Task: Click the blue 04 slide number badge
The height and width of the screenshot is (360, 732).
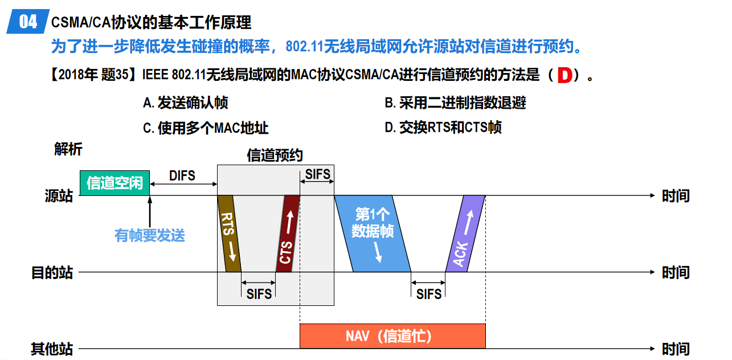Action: coord(27,22)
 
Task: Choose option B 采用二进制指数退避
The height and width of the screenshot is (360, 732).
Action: coord(455,103)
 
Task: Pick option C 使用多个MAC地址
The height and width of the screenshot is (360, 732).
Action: coord(205,128)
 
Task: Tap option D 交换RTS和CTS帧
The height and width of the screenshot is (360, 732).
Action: coord(443,128)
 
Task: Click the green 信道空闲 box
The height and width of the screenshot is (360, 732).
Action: coord(114,183)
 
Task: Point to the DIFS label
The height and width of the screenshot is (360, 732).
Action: coord(182,175)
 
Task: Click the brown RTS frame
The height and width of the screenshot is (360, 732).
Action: coord(229,234)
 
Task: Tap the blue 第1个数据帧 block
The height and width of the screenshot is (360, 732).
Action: coord(373,234)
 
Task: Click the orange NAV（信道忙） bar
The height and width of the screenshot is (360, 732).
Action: coord(392,336)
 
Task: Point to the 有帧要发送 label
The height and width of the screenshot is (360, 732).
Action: coord(150,235)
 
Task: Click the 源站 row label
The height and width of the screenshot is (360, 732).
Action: coord(59,196)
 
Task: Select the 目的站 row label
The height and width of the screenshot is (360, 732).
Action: coord(52,272)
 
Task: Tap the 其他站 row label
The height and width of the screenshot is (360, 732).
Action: coord(52,349)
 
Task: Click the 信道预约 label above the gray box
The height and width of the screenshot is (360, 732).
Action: coord(275,156)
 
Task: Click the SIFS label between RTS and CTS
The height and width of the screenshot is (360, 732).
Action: coord(259,293)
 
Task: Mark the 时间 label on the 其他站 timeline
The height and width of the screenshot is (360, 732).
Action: coord(676,349)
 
